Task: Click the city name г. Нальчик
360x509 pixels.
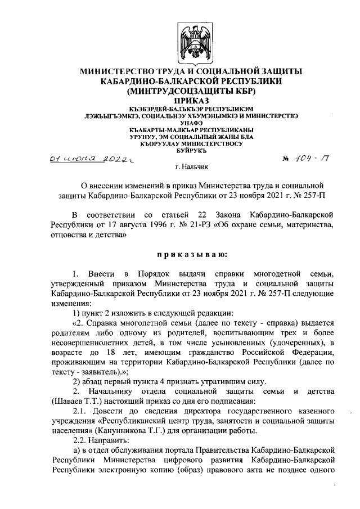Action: [191, 167]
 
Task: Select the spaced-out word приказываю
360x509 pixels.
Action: [191, 255]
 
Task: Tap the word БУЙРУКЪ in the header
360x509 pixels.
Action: [191, 151]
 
